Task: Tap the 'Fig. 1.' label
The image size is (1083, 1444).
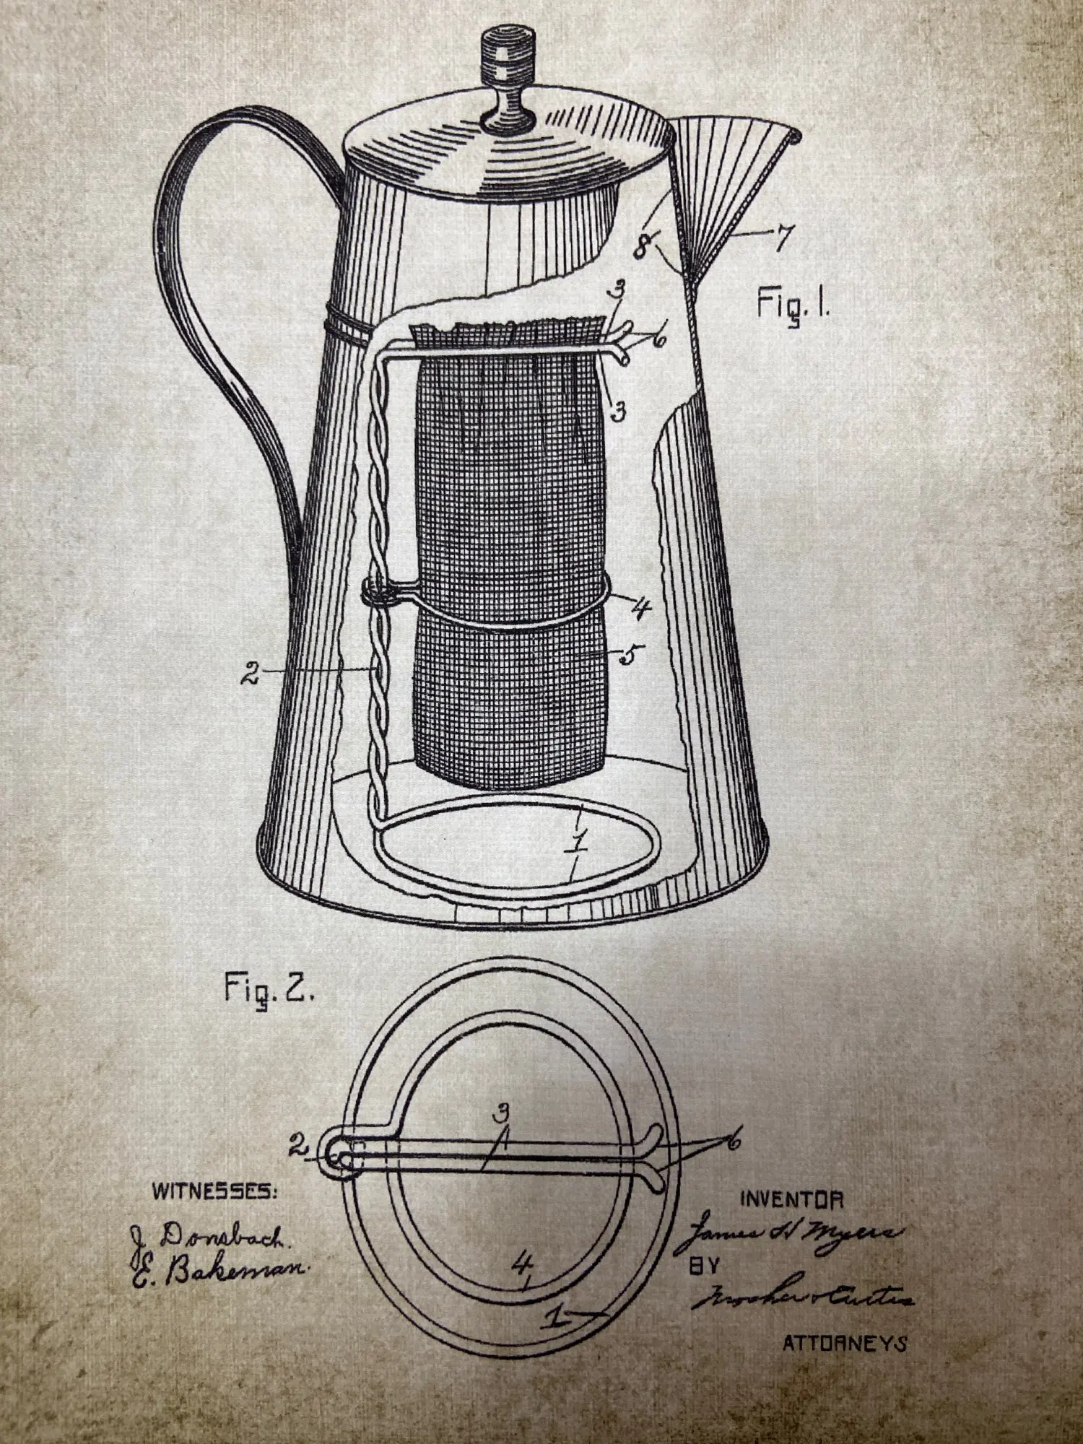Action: click(x=793, y=304)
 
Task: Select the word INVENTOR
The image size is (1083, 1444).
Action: click(x=791, y=1200)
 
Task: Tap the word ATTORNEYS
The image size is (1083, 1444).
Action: click(x=845, y=1344)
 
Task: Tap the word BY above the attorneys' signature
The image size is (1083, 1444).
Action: click(x=703, y=1267)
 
